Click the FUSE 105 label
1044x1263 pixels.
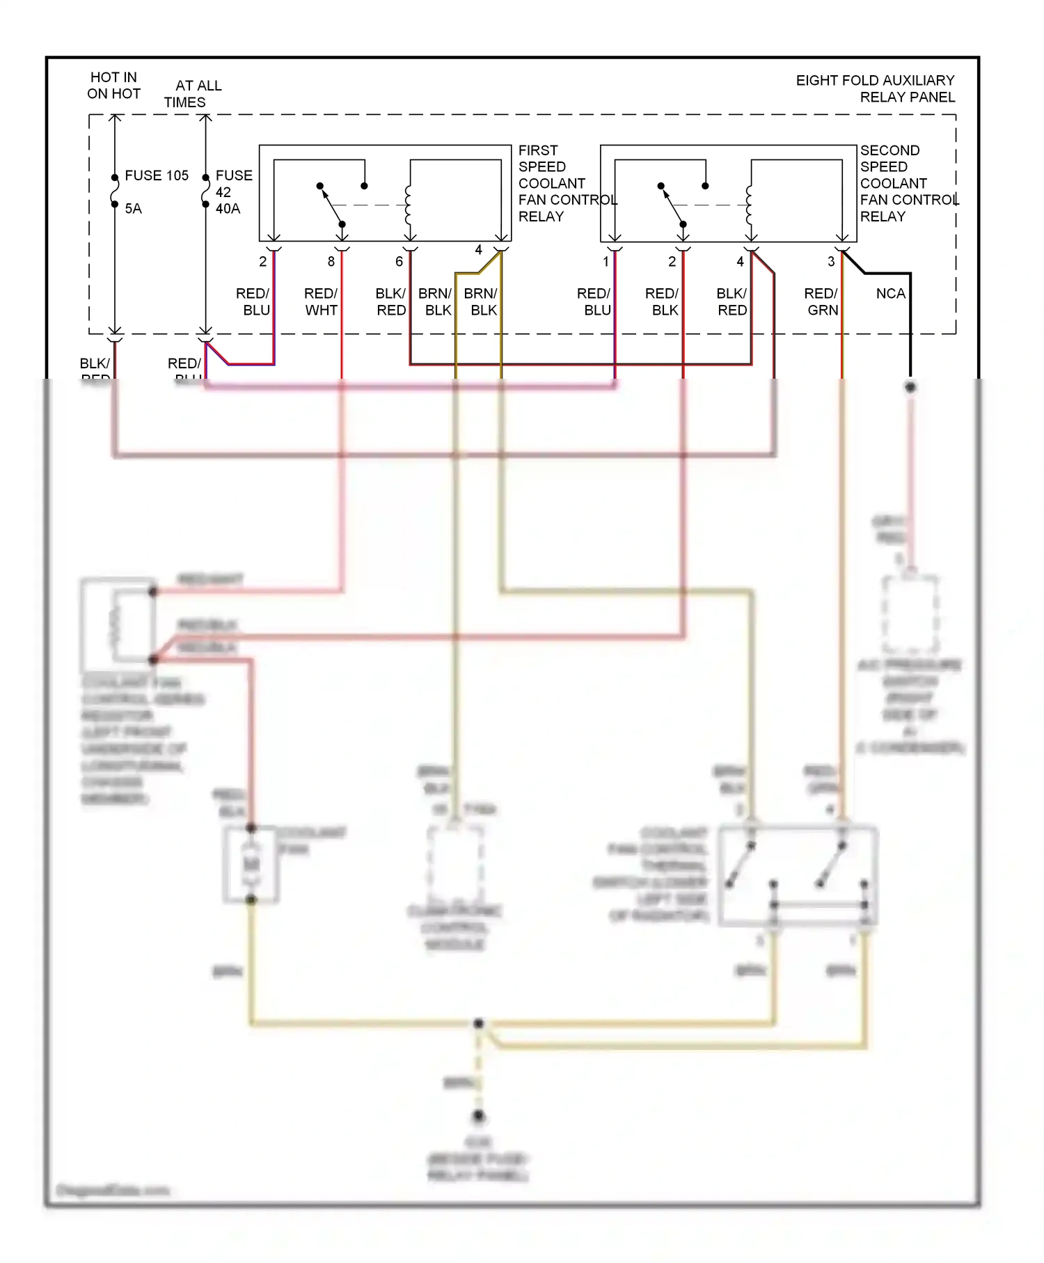[x=156, y=175]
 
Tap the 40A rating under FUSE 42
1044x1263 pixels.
[x=228, y=209]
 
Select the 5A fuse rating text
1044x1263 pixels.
[x=133, y=209]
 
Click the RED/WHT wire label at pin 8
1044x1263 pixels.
[x=321, y=301]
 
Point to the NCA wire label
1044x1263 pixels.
[x=890, y=294]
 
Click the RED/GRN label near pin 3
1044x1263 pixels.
[x=821, y=301]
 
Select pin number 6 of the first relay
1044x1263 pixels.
[x=399, y=262]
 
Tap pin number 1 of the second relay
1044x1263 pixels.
[x=606, y=262]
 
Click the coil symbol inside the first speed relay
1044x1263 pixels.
[x=408, y=205]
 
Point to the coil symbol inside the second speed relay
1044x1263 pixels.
[x=749, y=205]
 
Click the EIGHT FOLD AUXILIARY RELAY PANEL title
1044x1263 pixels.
[x=875, y=88]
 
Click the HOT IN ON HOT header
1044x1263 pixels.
[x=113, y=85]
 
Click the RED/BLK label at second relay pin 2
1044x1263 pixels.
[x=662, y=301]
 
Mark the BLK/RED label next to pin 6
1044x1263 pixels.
[x=390, y=301]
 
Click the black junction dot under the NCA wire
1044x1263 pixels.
[x=910, y=386]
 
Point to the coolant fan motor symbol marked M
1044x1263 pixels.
[x=251, y=864]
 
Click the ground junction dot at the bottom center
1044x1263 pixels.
[x=478, y=1116]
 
